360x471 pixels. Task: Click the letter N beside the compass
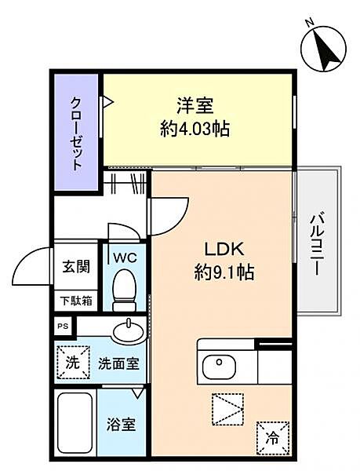tap(309, 22)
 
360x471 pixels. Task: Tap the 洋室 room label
tap(195, 105)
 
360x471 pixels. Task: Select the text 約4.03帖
tap(195, 129)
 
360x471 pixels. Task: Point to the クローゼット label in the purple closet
tap(76, 133)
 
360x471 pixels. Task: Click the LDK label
tap(224, 249)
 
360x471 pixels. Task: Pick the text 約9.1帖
tap(224, 272)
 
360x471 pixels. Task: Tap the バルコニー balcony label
tap(317, 244)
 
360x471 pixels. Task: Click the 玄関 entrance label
tap(76, 266)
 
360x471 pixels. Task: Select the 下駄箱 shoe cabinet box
tap(76, 301)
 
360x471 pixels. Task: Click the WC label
tap(125, 257)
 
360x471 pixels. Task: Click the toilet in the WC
tap(124, 290)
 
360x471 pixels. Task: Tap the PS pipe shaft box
tap(63, 327)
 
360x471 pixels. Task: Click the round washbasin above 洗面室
tap(129, 331)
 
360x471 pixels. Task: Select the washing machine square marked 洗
tap(73, 363)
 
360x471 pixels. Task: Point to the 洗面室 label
tap(119, 363)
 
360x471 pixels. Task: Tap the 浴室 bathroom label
tap(121, 425)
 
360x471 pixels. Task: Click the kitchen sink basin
tap(219, 366)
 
